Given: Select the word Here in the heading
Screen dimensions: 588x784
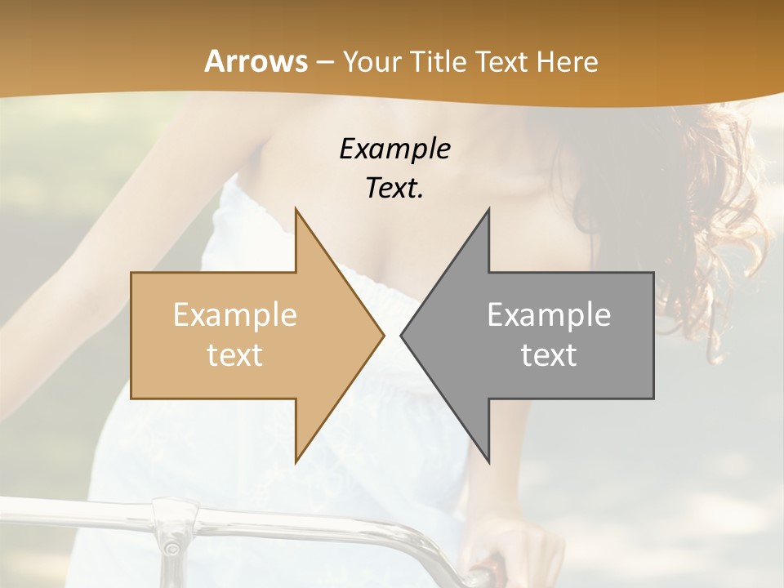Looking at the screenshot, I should click(568, 61).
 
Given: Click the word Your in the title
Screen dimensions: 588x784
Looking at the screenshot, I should click(372, 62).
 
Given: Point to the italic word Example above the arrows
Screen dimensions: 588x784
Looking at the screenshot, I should click(394, 149).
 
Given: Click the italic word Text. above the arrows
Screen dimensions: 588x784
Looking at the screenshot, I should click(394, 189).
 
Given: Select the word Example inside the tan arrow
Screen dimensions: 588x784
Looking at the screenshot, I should click(235, 315).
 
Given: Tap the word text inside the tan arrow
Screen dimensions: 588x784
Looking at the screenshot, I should click(235, 355).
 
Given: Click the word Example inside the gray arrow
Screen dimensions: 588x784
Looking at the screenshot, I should click(549, 315).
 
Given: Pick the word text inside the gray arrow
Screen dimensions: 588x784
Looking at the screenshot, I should click(549, 355).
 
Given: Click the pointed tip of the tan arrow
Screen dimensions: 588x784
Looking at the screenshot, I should click(384, 335).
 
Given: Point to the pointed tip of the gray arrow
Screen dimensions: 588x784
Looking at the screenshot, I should click(401, 335).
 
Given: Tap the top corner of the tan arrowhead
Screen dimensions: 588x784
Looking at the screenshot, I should click(296, 208).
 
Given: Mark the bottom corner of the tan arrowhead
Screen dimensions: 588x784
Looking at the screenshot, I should click(296, 462).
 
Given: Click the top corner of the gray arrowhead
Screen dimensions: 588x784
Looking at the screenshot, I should click(489, 208).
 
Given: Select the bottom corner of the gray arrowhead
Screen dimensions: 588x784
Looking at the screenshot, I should click(489, 462).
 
